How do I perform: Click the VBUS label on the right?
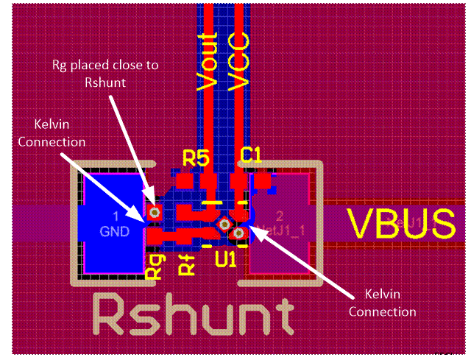click(x=401, y=222)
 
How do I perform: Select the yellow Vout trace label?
click(x=210, y=61)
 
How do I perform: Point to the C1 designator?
click(x=252, y=155)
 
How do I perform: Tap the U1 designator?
click(x=225, y=259)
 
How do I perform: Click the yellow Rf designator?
click(x=188, y=264)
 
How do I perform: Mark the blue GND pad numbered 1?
click(x=114, y=223)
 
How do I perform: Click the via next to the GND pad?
click(x=154, y=213)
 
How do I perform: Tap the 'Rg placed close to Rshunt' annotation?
click(x=105, y=72)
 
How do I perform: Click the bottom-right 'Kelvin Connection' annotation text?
click(x=382, y=303)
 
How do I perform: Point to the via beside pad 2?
click(x=238, y=234)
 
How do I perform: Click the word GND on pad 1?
click(x=114, y=230)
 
